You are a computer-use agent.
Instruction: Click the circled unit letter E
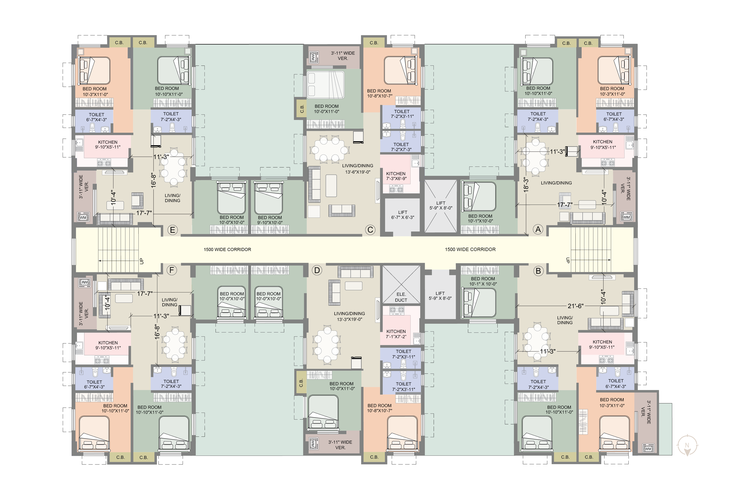pos(172,230)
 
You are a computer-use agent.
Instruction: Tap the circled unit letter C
pos(370,230)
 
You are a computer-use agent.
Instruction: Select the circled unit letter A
pos(538,229)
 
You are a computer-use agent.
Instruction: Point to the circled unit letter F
pos(172,270)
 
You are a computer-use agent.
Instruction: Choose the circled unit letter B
pos(538,271)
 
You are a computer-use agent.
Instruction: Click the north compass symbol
pos(687,446)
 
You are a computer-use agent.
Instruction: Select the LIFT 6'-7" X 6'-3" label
pos(403,215)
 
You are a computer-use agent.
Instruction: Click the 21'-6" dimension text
pos(575,306)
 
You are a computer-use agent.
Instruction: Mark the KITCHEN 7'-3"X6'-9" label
pos(396,176)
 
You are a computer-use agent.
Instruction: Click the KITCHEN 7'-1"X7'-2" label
pos(396,334)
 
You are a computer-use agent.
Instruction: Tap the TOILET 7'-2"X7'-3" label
pos(401,147)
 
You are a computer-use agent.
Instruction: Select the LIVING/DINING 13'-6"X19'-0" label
pos(358,169)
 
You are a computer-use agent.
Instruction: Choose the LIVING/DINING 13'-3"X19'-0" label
pos(350,316)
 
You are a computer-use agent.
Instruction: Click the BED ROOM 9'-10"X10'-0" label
pos(270,220)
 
